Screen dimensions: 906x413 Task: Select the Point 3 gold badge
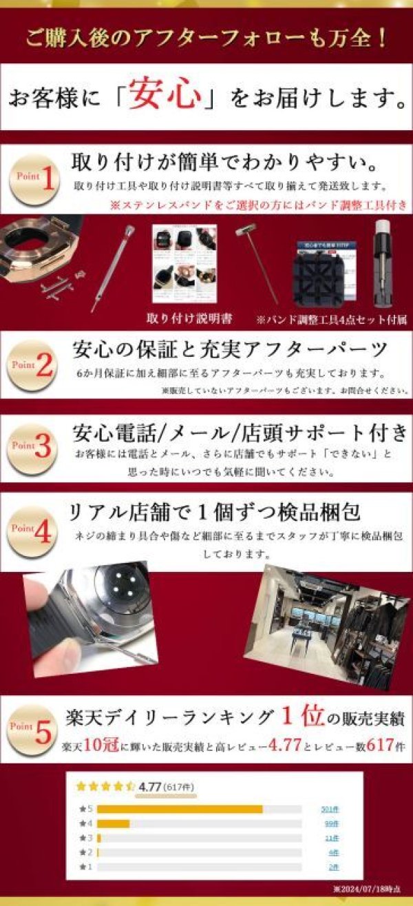pyautogui.click(x=33, y=446)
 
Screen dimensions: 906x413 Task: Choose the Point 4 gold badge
pyautogui.click(x=33, y=530)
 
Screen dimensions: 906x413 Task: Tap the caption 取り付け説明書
pyautogui.click(x=189, y=318)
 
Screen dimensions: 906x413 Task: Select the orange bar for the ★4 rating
pyautogui.click(x=114, y=823)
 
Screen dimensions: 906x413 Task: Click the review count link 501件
pyautogui.click(x=330, y=809)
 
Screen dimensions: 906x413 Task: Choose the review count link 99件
pyautogui.click(x=331, y=823)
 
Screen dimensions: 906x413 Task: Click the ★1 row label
pyautogui.click(x=85, y=867)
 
